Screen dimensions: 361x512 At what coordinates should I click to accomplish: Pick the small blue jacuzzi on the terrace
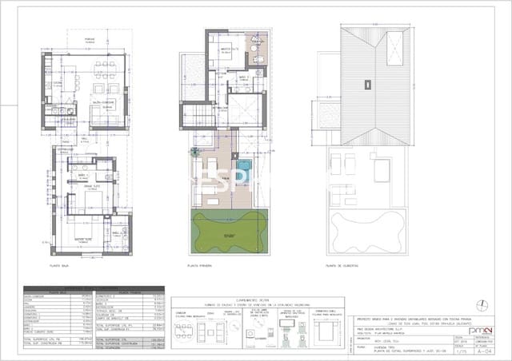[244, 165]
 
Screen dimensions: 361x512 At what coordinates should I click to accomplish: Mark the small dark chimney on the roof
[366, 83]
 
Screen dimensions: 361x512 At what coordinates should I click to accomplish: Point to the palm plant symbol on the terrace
[193, 151]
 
